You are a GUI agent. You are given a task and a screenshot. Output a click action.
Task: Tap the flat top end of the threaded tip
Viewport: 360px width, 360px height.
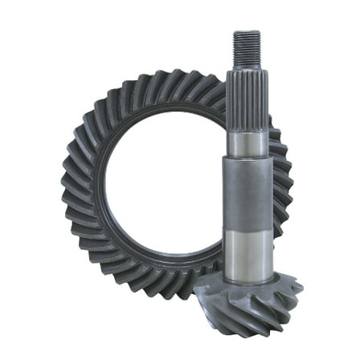(x=245, y=33)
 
